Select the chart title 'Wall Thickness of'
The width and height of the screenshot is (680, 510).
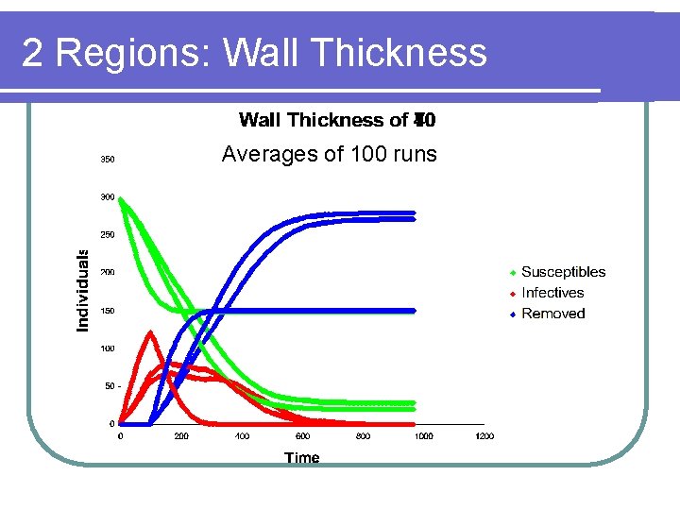[324, 120]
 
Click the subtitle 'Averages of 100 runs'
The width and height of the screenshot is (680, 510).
[329, 154]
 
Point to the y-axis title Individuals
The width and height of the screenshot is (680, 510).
[83, 290]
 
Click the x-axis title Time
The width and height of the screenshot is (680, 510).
[302, 458]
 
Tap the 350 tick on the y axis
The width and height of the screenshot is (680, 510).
[108, 160]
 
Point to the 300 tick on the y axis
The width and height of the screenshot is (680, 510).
[108, 197]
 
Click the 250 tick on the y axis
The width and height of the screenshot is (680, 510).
[108, 235]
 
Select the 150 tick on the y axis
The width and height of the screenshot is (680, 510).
[108, 311]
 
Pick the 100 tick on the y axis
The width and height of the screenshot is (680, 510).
[108, 348]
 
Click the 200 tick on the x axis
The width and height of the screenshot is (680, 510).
[181, 436]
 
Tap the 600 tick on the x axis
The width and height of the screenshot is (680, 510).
[302, 436]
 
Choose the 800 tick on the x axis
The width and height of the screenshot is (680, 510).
[364, 436]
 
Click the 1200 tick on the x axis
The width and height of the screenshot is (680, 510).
[484, 436]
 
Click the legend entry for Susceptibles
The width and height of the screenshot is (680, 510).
[562, 272]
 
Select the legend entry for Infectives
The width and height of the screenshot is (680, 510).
[552, 293]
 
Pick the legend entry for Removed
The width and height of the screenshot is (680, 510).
[552, 314]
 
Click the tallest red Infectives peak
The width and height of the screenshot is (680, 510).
[150, 331]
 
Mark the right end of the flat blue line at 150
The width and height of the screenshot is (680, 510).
[415, 311]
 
